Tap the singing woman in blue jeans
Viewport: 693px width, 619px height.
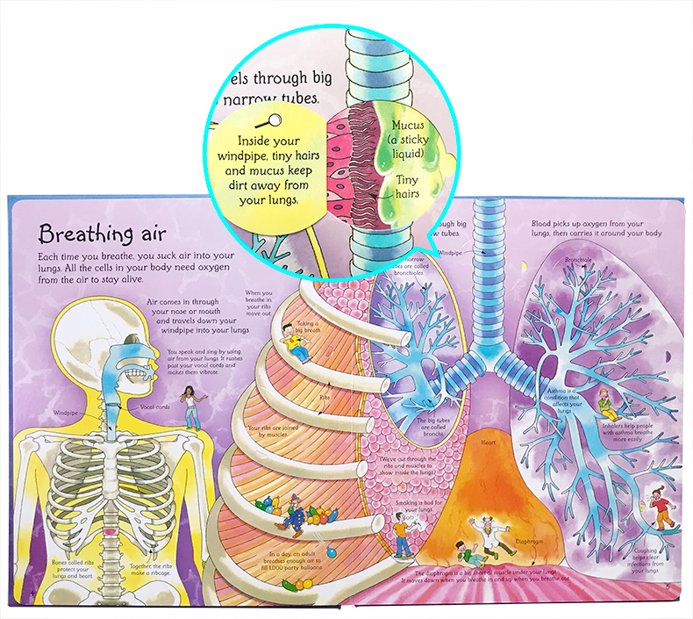[x=192, y=407]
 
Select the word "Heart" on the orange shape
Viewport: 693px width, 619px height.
[x=489, y=443]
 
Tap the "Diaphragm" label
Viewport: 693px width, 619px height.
[x=531, y=542]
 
